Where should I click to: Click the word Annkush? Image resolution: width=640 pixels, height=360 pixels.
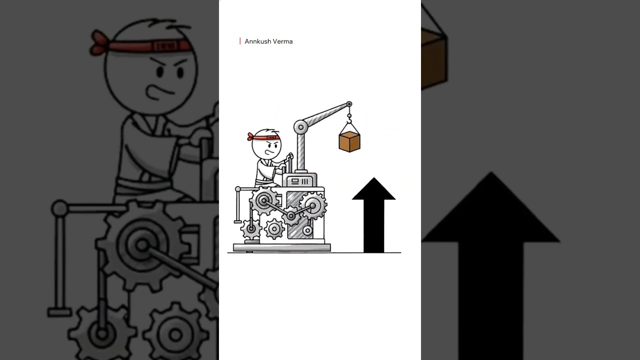click(257, 41)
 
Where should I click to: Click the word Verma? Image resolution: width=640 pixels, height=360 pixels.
click(283, 41)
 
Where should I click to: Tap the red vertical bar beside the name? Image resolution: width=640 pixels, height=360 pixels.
click(240, 41)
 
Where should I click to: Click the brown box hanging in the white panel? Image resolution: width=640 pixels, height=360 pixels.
click(349, 141)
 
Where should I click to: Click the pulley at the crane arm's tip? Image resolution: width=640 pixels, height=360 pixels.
click(349, 104)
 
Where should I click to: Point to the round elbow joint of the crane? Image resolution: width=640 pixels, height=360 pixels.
click(300, 127)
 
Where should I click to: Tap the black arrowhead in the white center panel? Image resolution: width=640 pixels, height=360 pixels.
click(373, 188)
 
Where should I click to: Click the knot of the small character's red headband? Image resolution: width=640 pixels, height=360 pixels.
click(250, 137)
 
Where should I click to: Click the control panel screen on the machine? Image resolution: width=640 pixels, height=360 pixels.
click(299, 181)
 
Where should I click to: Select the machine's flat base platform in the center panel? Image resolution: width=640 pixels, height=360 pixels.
click(282, 247)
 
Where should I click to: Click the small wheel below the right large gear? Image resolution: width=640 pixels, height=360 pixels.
click(307, 230)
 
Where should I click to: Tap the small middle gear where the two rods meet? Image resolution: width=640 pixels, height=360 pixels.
click(291, 216)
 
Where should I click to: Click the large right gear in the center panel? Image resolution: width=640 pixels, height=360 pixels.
click(313, 205)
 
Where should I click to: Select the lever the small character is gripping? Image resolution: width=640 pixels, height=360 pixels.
click(290, 163)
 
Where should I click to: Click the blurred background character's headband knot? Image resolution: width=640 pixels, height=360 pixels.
click(99, 43)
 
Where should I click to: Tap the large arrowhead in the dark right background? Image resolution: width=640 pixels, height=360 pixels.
click(491, 207)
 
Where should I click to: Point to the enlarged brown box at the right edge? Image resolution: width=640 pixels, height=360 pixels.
click(434, 58)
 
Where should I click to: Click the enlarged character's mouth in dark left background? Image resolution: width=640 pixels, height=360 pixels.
click(158, 91)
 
